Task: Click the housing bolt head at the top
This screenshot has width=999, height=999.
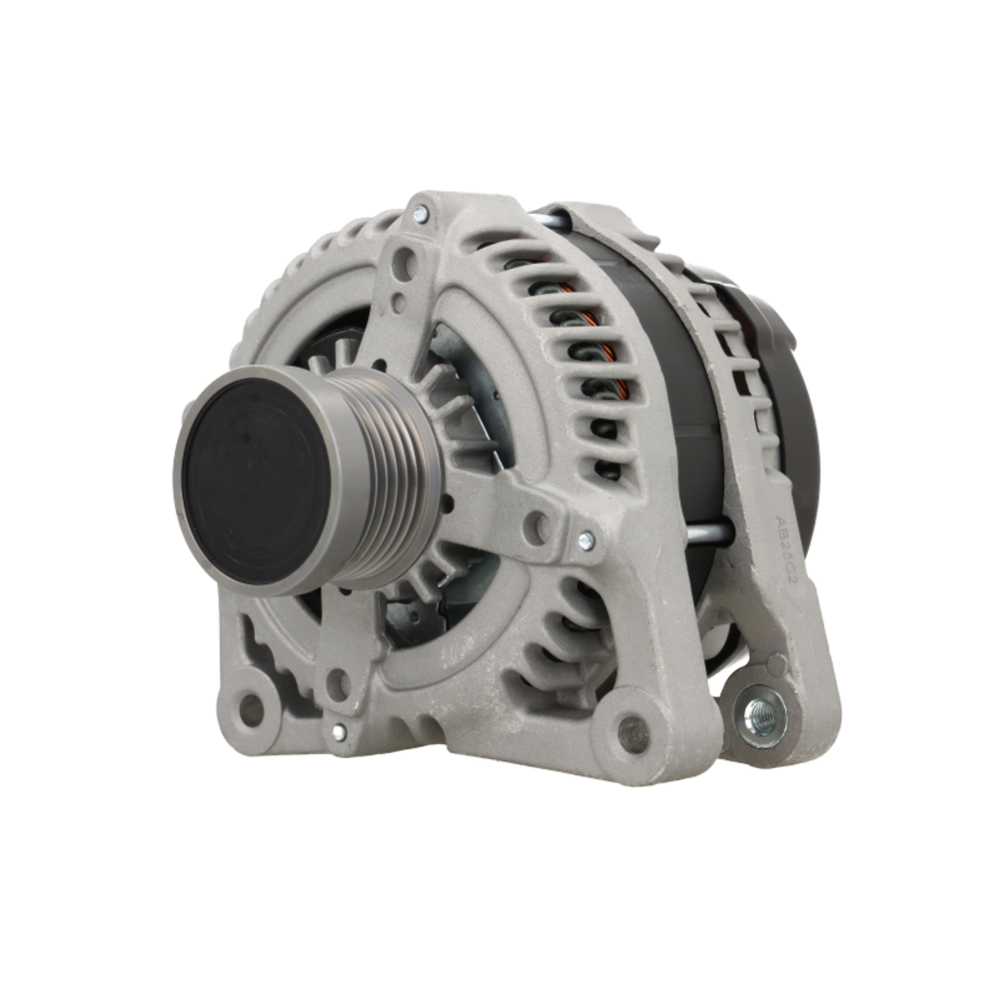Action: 420,213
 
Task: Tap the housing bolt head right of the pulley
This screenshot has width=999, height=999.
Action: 586,540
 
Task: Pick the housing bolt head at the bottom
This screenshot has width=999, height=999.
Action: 339,732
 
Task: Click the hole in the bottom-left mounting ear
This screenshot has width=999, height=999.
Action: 251,708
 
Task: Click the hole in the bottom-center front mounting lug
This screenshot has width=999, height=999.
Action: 632,734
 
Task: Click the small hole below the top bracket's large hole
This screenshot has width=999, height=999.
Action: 399,302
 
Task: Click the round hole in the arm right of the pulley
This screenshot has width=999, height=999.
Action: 537,527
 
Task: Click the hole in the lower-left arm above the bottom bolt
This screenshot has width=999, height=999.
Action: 338,684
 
